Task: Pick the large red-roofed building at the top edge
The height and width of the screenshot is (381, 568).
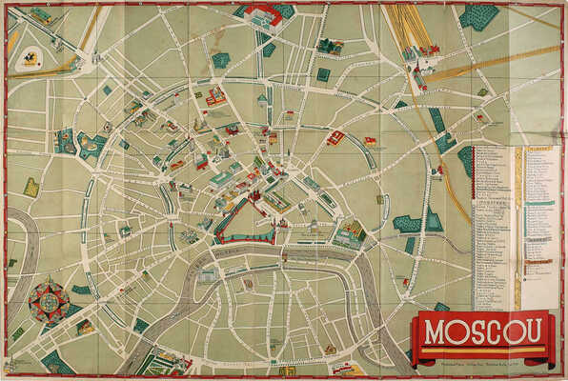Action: (x=264, y=13)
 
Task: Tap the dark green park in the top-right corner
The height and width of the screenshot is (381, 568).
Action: (x=478, y=16)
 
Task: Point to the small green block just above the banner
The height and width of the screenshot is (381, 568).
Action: (x=441, y=307)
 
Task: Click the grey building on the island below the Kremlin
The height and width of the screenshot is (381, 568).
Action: (x=208, y=276)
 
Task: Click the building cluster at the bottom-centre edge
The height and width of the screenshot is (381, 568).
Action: (x=286, y=370)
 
